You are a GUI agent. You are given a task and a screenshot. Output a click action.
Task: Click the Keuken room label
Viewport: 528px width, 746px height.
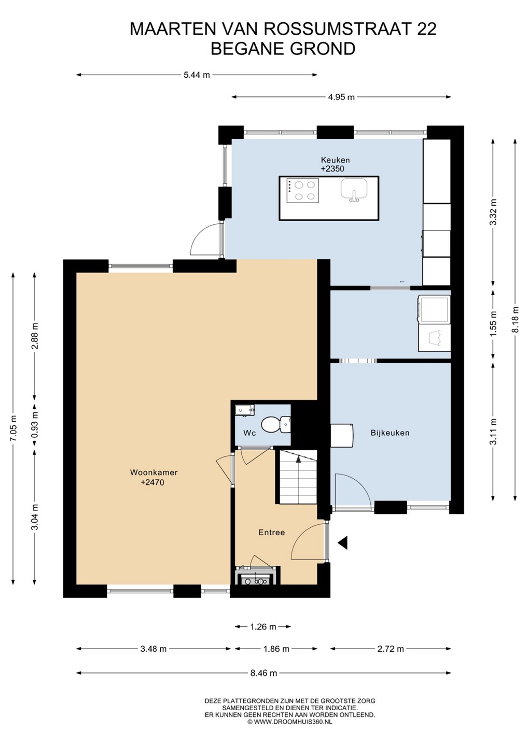coord(335,160)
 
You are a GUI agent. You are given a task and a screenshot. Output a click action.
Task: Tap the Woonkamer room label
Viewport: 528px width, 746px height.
coord(154,472)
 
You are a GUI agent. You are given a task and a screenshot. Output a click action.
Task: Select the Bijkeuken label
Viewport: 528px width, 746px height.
coord(390,433)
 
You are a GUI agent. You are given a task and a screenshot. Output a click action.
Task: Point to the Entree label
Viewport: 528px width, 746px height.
coord(272,532)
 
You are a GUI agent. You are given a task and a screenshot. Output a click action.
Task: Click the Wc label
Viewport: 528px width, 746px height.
coord(249,433)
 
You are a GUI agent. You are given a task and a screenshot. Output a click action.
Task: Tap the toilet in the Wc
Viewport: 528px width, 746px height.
coord(275,424)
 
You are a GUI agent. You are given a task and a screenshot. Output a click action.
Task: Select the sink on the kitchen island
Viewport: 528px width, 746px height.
coord(354,190)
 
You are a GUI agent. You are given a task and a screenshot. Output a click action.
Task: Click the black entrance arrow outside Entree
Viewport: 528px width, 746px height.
coord(343,542)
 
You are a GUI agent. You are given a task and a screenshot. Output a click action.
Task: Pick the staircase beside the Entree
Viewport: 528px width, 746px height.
coord(298,477)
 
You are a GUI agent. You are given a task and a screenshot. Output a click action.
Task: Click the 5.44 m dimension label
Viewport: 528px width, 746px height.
coord(197,75)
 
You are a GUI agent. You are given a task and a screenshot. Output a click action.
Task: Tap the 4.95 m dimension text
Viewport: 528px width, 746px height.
coord(341,97)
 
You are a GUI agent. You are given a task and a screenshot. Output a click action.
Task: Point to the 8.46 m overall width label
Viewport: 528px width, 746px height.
coord(263,673)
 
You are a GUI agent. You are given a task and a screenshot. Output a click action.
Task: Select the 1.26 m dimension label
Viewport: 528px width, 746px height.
coord(263,627)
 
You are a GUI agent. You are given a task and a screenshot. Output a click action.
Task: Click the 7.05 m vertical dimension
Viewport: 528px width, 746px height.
coord(13,428)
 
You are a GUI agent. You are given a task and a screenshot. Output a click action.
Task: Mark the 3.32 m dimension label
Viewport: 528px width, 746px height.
coord(493,212)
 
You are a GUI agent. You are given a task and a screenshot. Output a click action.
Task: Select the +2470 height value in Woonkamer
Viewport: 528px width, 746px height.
coord(152,482)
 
